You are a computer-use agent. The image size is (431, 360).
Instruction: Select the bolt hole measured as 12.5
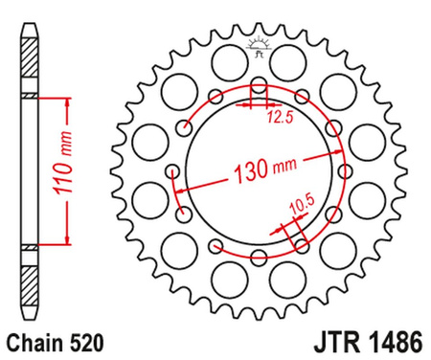[x=257, y=91]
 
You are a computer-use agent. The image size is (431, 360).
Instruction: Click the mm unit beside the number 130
[x=286, y=169]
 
